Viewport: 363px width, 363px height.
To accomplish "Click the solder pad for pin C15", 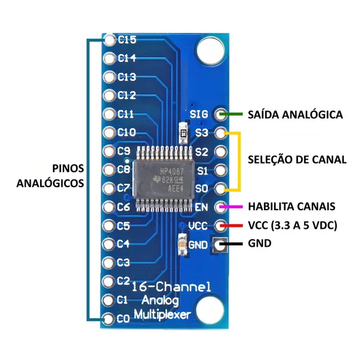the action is (109, 40).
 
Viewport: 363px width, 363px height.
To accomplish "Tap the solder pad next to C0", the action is (109, 319).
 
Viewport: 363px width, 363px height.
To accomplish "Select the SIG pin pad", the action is (220, 114).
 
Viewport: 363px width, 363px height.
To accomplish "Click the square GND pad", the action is (219, 244).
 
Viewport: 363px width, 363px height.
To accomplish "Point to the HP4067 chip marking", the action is (172, 171).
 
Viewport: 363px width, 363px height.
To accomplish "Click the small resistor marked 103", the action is (184, 134).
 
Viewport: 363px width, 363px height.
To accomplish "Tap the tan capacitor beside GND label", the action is (182, 245).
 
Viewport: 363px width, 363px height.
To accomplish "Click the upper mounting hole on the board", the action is (210, 50).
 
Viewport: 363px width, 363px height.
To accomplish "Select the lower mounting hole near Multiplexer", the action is (210, 309).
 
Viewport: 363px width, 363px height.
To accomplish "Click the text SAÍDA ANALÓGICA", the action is (295, 114).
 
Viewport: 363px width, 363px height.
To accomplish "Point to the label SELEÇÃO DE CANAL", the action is (297, 160).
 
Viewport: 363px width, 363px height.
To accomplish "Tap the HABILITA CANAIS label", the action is (291, 206).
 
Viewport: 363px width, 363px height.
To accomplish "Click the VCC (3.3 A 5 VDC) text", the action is (293, 225).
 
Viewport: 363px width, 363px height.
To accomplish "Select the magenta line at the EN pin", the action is (231, 206).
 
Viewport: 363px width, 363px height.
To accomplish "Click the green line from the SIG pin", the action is (231, 114).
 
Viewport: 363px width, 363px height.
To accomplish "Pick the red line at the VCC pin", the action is (231, 225).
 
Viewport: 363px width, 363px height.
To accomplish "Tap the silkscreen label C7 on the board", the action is (123, 188).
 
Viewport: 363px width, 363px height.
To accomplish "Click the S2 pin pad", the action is (220, 151).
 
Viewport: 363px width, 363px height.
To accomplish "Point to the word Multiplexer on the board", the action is (162, 314).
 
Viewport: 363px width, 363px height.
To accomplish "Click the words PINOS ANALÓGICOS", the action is (50, 176).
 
